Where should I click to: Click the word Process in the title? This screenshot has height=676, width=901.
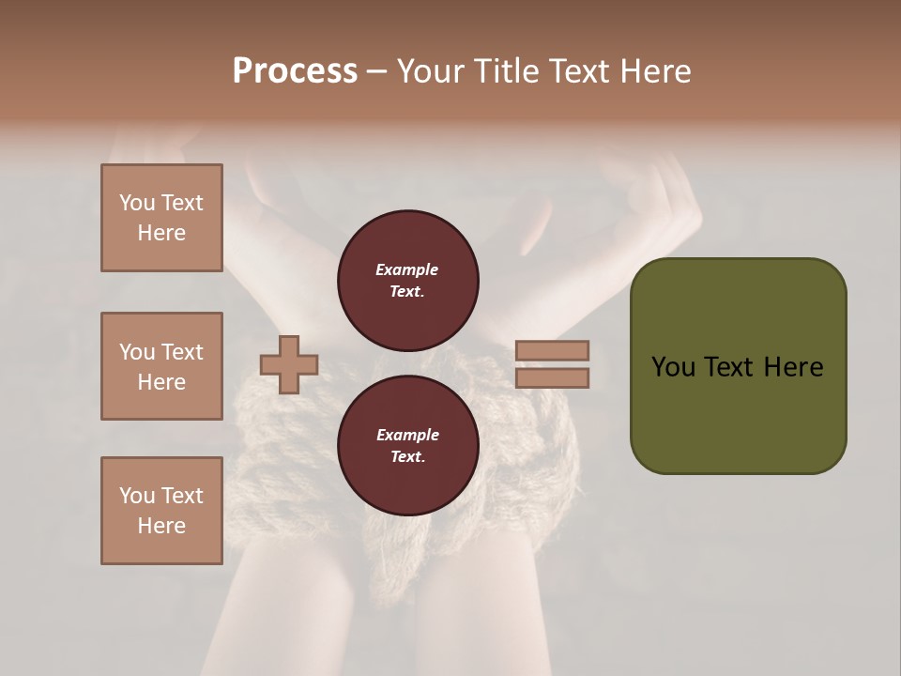click(295, 71)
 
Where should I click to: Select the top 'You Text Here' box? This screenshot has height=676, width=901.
click(161, 218)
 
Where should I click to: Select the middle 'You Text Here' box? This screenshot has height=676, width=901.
click(161, 366)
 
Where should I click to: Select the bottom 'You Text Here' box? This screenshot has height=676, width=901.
click(161, 511)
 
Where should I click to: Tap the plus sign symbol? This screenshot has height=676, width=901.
click(289, 365)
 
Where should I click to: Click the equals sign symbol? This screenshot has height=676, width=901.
click(552, 364)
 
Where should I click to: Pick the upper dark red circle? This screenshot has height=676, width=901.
click(408, 281)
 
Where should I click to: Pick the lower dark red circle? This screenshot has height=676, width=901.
click(408, 446)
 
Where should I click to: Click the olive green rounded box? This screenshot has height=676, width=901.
click(738, 366)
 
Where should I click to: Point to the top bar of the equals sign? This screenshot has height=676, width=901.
click(552, 351)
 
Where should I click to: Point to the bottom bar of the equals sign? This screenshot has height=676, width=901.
click(552, 378)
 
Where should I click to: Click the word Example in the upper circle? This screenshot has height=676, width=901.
click(407, 269)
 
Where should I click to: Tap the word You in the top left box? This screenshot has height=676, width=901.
click(137, 203)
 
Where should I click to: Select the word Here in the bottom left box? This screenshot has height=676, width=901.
click(161, 526)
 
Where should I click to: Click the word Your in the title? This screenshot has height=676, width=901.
click(431, 71)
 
